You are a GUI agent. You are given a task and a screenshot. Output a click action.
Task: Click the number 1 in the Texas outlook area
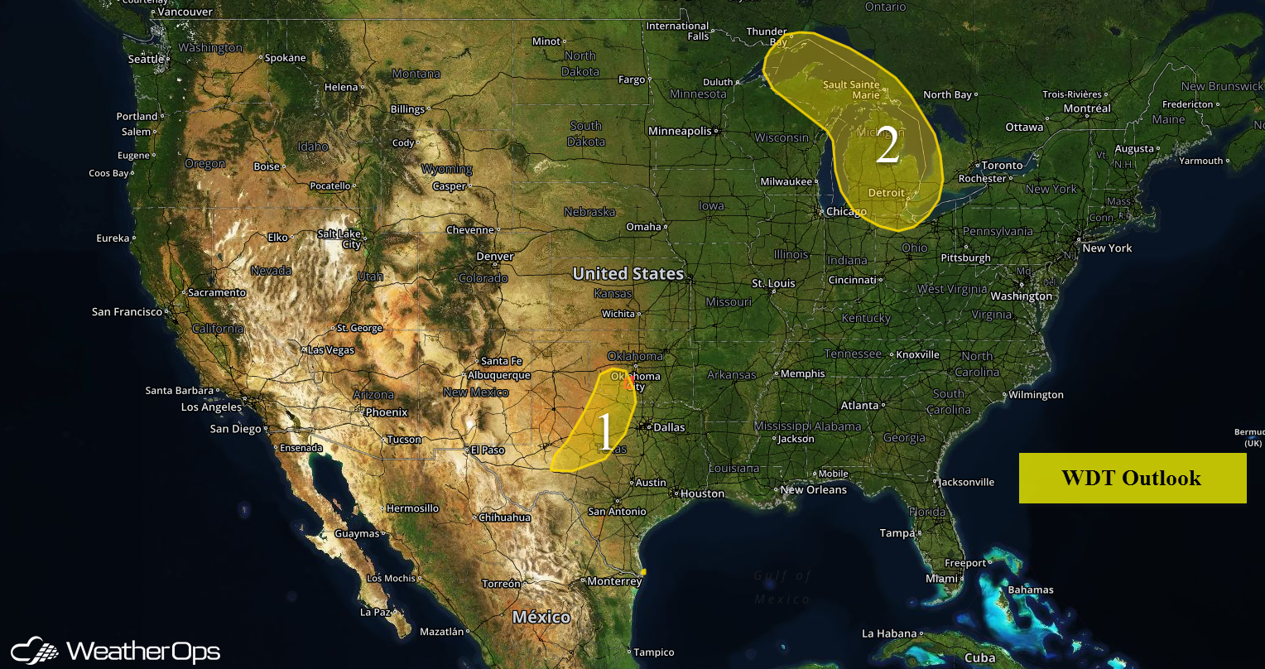point(606,431)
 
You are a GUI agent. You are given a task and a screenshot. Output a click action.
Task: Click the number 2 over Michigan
point(887,146)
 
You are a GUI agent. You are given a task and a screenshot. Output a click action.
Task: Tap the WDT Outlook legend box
point(1132,478)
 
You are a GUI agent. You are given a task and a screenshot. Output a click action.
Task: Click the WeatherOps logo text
point(142,651)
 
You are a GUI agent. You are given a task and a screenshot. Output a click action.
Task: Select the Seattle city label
point(147,59)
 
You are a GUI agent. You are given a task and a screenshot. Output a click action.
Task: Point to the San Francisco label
point(127,312)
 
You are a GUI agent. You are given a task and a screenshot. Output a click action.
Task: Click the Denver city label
point(494,257)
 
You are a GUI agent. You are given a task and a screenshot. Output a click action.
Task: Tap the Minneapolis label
point(680,131)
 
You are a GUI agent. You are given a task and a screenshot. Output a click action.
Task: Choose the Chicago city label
point(846,212)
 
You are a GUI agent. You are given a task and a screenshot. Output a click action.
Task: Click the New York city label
point(1107,248)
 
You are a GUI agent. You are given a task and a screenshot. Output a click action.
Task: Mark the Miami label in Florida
point(942,578)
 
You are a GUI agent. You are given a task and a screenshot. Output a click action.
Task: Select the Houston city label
point(703,493)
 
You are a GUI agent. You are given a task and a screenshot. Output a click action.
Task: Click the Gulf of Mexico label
point(782,587)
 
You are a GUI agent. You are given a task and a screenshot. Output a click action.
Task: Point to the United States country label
point(628,273)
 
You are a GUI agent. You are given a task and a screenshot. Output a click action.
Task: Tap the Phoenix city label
point(387,412)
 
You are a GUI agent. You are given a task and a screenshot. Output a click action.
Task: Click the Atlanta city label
point(859,406)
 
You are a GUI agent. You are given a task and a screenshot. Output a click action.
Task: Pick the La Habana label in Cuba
point(890,633)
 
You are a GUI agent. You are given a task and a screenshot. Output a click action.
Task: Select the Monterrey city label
point(613,581)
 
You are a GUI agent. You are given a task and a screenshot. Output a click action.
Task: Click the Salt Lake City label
point(339,239)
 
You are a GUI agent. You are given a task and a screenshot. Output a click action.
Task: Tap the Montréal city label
point(1087,108)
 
